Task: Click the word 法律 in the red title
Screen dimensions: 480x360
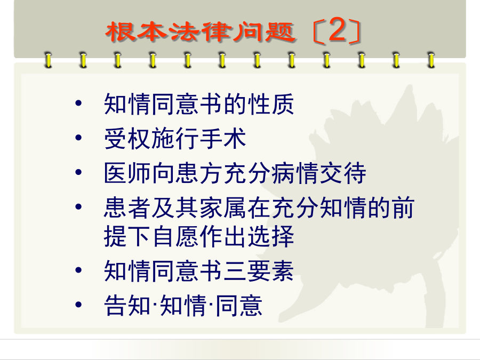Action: (200, 31)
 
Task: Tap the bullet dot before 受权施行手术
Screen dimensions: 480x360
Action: (78, 138)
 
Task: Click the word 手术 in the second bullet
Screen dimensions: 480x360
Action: (223, 138)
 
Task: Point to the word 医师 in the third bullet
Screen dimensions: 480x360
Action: (127, 173)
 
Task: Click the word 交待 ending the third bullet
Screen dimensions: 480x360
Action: (343, 173)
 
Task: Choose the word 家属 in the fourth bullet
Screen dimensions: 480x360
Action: (223, 207)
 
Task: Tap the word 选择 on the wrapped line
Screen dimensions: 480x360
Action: (271, 236)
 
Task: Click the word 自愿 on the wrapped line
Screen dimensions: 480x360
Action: (175, 236)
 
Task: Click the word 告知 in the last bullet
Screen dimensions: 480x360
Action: (127, 305)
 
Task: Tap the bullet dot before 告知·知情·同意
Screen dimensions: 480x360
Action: (78, 305)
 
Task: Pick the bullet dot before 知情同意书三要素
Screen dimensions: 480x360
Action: (78, 270)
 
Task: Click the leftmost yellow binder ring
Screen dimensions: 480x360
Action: (48, 60)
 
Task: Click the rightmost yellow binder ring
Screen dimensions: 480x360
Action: (431, 60)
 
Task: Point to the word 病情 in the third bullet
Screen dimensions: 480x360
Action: (295, 173)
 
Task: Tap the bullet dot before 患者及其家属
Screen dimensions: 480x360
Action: (78, 206)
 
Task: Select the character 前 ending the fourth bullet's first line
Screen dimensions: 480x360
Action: (403, 207)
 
